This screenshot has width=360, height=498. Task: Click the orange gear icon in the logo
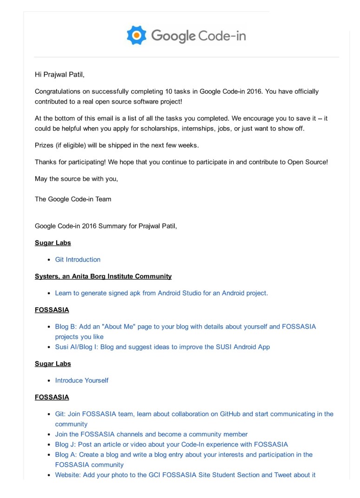click(x=137, y=35)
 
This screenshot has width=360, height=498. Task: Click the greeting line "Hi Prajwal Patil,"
click(x=59, y=74)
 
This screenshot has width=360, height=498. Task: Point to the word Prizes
click(x=44, y=145)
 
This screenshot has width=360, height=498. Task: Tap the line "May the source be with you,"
click(x=76, y=179)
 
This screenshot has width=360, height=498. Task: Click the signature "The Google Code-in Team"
click(x=73, y=199)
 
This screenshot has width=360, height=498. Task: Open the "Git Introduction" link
click(x=78, y=259)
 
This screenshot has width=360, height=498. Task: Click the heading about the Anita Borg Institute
click(x=103, y=276)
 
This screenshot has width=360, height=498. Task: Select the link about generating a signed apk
click(x=161, y=293)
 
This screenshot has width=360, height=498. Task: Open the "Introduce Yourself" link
click(x=82, y=380)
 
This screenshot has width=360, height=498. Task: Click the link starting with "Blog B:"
click(x=185, y=326)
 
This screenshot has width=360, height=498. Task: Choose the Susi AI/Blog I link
click(x=162, y=347)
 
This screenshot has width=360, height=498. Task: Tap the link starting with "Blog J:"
click(x=171, y=444)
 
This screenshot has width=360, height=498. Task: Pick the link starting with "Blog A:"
click(x=183, y=454)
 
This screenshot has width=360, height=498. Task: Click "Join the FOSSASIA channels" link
click(x=151, y=434)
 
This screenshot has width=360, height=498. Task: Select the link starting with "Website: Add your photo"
click(x=185, y=475)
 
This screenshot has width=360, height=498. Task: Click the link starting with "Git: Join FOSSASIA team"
click(x=194, y=414)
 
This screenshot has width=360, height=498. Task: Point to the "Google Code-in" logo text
click(x=198, y=36)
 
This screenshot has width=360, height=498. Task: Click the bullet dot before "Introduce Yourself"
click(x=49, y=381)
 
